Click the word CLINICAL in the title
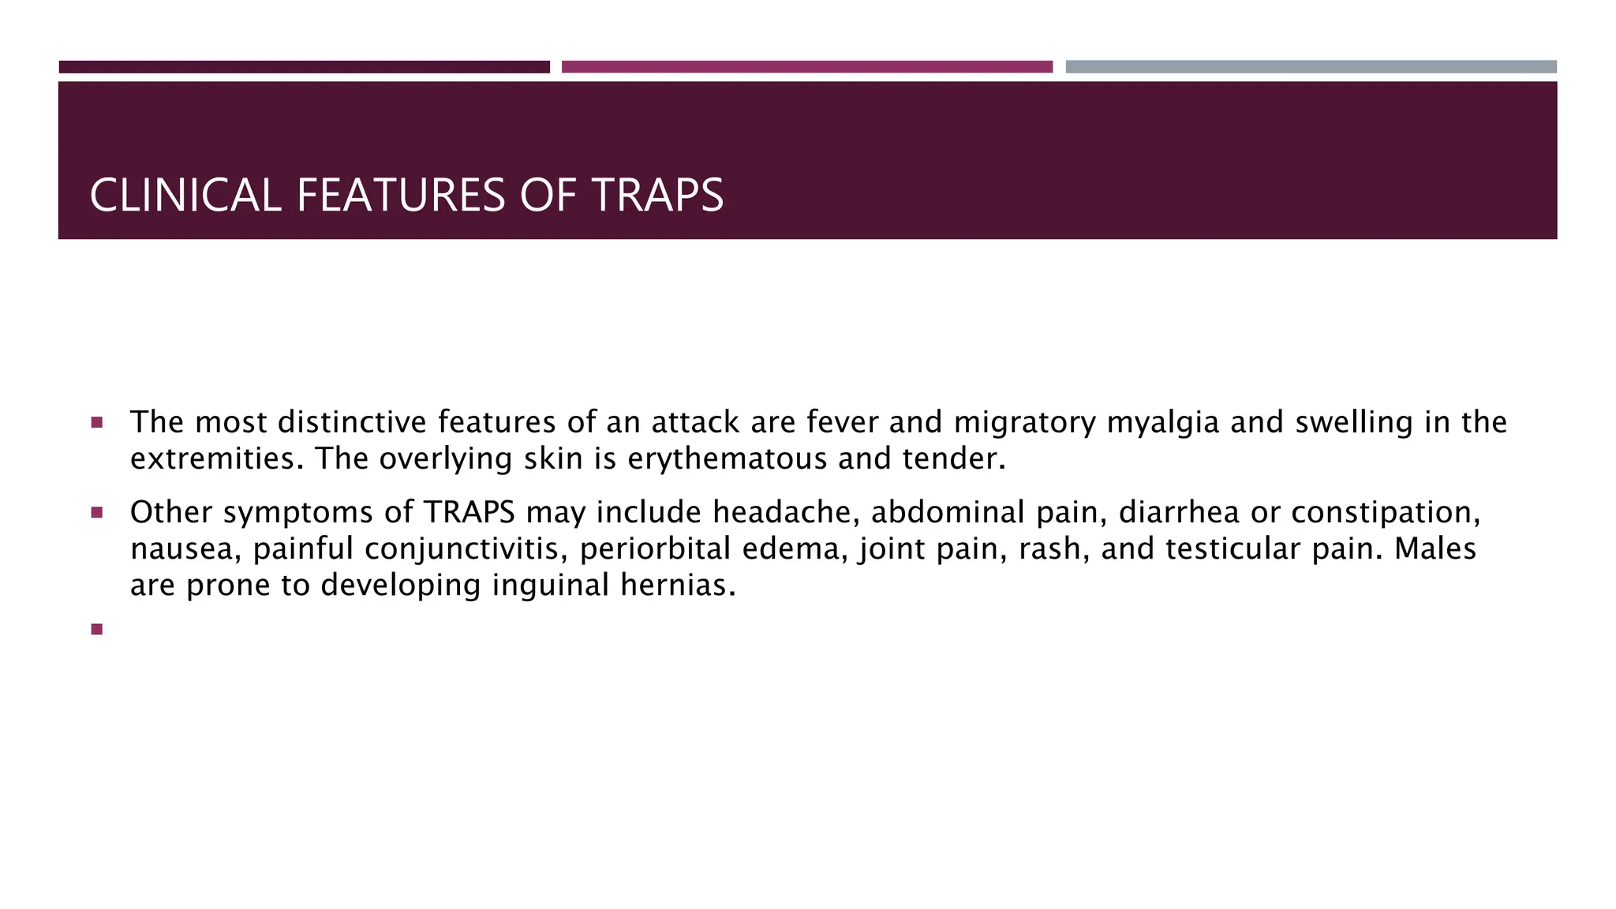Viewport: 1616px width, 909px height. [x=185, y=196]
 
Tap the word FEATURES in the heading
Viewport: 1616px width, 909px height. [x=400, y=196]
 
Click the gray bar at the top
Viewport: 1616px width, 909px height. [x=1311, y=67]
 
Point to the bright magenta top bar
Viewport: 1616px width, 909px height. [x=806, y=67]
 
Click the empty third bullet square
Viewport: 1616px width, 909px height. [x=97, y=629]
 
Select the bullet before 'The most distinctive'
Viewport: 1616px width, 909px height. [x=97, y=423]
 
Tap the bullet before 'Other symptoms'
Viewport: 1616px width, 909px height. [x=97, y=513]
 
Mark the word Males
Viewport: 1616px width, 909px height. [x=1435, y=549]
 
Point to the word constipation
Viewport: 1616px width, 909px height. [x=1386, y=513]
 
